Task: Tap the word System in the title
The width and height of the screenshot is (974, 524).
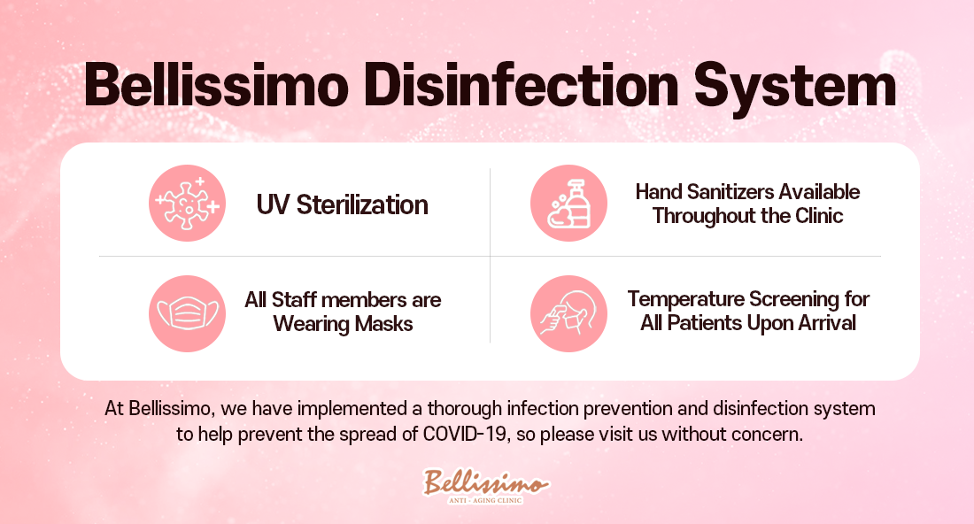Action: point(795,89)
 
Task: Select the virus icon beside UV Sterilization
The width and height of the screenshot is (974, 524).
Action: point(187,203)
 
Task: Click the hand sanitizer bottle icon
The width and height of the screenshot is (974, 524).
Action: point(568,203)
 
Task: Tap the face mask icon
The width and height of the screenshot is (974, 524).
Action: point(187,313)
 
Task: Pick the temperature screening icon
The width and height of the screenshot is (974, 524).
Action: point(568,313)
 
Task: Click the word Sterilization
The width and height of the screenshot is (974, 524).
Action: point(362,204)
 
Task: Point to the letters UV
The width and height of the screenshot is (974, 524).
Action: point(273,204)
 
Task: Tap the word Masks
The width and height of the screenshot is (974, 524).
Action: point(386,323)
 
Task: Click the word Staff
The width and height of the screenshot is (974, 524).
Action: point(295,300)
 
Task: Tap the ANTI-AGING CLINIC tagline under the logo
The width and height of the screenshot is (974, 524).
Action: point(486,500)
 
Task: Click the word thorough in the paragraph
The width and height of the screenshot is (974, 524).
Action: point(464,409)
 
